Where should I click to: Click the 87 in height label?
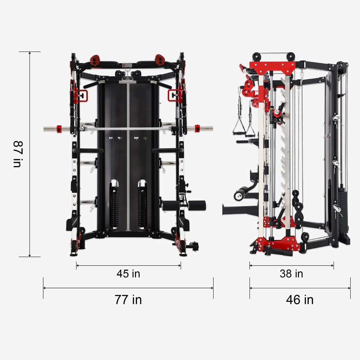17,154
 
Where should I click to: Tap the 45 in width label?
128,274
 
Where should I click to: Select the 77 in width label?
128,300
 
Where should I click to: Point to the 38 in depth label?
291,274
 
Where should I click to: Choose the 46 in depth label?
300,300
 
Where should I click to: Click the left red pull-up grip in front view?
95,60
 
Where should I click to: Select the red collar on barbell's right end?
197,128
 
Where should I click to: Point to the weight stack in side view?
343,210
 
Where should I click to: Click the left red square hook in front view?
81,95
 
